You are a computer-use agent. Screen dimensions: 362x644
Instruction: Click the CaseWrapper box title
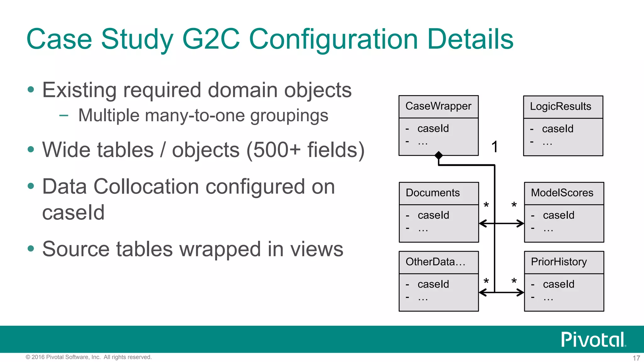[x=438, y=106]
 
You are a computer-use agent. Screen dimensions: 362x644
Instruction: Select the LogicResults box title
[x=560, y=107]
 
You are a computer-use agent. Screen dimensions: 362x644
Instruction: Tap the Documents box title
[x=433, y=193]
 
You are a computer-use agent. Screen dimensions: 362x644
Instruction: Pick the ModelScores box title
[x=562, y=193]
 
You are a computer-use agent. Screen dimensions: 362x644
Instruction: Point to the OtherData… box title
[x=435, y=262]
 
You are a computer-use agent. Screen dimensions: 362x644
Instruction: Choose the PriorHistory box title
[x=559, y=262]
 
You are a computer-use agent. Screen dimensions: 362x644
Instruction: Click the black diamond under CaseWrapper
[x=438, y=155]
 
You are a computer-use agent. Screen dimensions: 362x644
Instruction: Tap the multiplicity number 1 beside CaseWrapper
[x=495, y=147]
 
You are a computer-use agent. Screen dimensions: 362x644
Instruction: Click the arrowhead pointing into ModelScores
[x=521, y=224]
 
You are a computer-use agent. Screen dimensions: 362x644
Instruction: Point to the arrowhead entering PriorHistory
[x=521, y=293]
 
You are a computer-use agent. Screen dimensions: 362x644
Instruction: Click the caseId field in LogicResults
[x=558, y=129]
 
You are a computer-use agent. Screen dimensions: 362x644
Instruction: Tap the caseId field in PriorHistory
[x=558, y=284]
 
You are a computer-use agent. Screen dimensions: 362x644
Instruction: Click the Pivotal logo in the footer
[x=593, y=339]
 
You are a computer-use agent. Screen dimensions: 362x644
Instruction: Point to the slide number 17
[x=636, y=358]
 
